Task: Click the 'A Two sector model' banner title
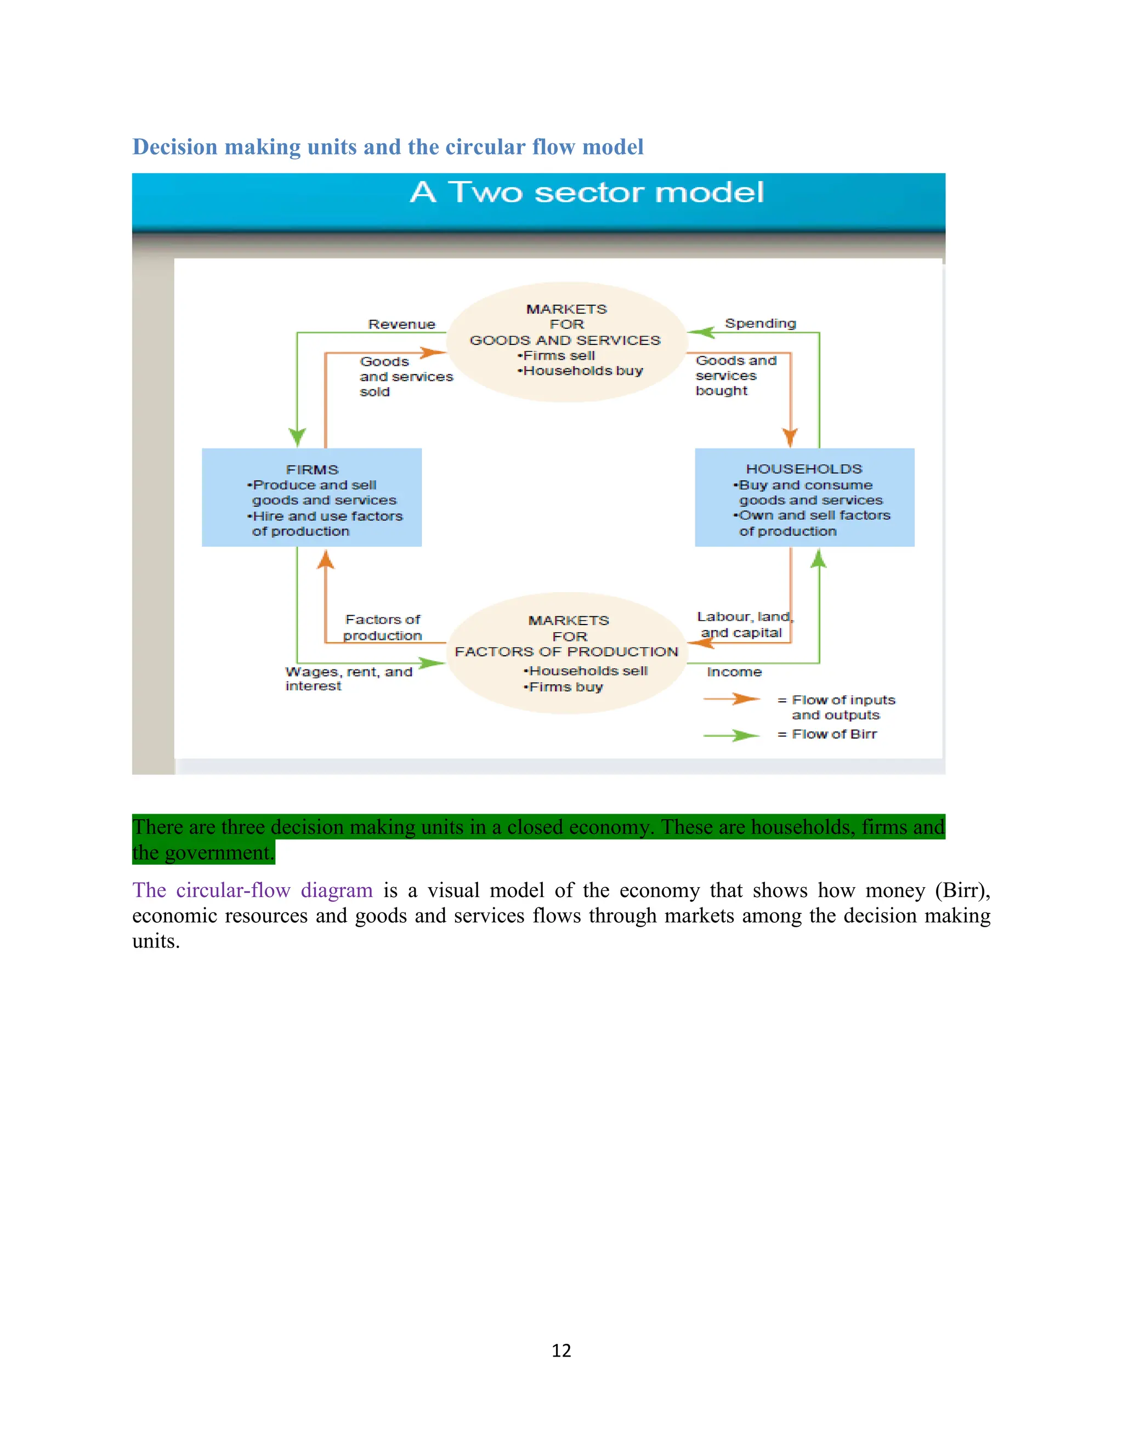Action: (x=586, y=193)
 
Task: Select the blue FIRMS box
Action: (x=311, y=498)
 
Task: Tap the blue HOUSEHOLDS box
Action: (x=804, y=498)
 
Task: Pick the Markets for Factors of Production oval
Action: (x=566, y=652)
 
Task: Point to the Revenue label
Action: (x=402, y=325)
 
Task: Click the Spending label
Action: (x=760, y=323)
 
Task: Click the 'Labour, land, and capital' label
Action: (x=744, y=625)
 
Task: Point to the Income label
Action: (x=734, y=672)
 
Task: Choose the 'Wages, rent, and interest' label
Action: (x=348, y=679)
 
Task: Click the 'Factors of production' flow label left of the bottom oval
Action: (x=383, y=627)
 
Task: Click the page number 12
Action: (x=561, y=1350)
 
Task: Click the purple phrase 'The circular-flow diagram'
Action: (x=252, y=890)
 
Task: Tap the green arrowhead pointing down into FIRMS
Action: (x=297, y=436)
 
